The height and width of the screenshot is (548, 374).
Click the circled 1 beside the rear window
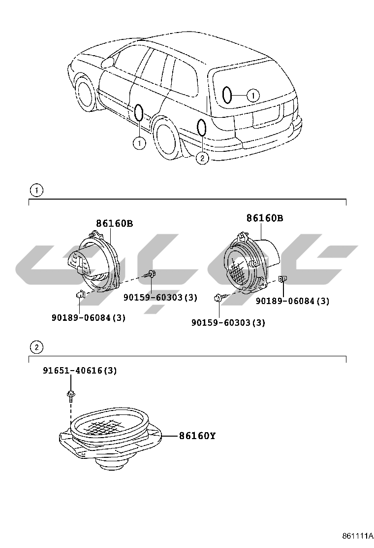click(252, 95)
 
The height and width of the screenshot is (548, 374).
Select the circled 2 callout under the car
click(202, 158)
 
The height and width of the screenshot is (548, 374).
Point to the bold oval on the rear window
click(227, 95)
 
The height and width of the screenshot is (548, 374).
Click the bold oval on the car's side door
click(139, 112)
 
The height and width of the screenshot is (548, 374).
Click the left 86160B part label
click(114, 223)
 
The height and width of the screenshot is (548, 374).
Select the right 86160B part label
click(264, 218)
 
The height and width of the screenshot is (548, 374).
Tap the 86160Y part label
click(197, 436)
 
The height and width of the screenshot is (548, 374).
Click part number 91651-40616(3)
click(79, 370)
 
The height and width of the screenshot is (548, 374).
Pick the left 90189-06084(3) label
click(89, 318)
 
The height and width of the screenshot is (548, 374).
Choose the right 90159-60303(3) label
click(228, 323)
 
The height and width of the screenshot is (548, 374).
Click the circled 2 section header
click(36, 347)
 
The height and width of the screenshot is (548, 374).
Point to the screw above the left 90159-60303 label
click(151, 274)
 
